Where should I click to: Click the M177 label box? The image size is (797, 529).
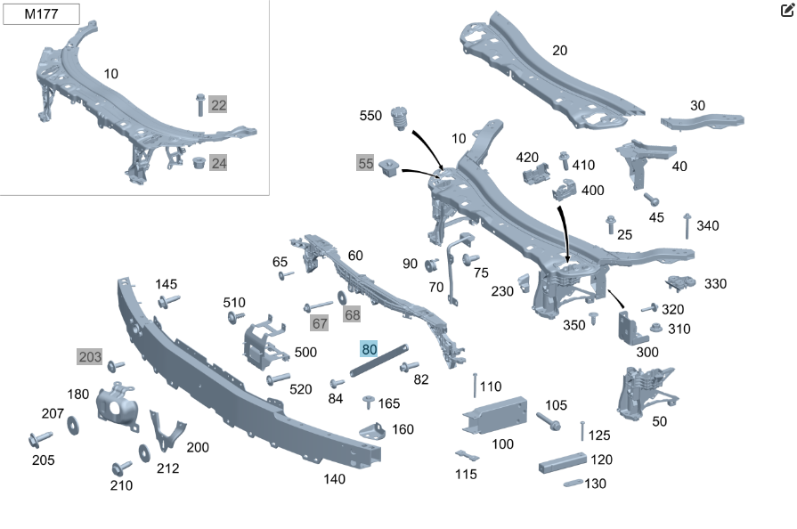tap(41, 13)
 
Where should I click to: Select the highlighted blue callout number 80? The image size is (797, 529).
tap(369, 349)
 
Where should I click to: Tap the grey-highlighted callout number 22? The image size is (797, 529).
tap(218, 105)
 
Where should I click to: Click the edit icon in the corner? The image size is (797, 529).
tap(787, 10)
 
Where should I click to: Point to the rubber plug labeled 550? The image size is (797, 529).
tap(399, 118)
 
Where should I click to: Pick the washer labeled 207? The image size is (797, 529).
tap(73, 425)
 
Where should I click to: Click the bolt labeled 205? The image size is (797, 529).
tap(40, 440)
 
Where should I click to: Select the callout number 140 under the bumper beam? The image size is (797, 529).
tap(334, 479)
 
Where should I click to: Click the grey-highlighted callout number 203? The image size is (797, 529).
tap(90, 356)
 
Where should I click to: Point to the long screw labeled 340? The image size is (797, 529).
tap(687, 226)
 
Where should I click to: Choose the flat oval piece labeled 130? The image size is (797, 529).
tap(573, 483)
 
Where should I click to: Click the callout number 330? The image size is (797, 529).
tap(715, 283)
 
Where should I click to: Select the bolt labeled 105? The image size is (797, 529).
tap(548, 421)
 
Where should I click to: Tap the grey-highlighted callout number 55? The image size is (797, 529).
tap(365, 163)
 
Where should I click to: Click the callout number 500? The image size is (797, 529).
tap(305, 352)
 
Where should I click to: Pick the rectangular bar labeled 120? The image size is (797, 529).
tap(562, 462)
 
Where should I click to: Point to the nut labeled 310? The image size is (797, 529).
tap(656, 328)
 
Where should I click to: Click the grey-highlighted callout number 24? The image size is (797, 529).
tap(218, 163)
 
